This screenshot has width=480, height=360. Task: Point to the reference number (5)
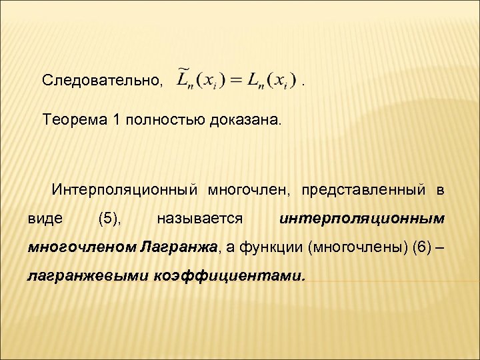(x=109, y=218)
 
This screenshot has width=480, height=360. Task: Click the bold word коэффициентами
(x=230, y=275)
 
